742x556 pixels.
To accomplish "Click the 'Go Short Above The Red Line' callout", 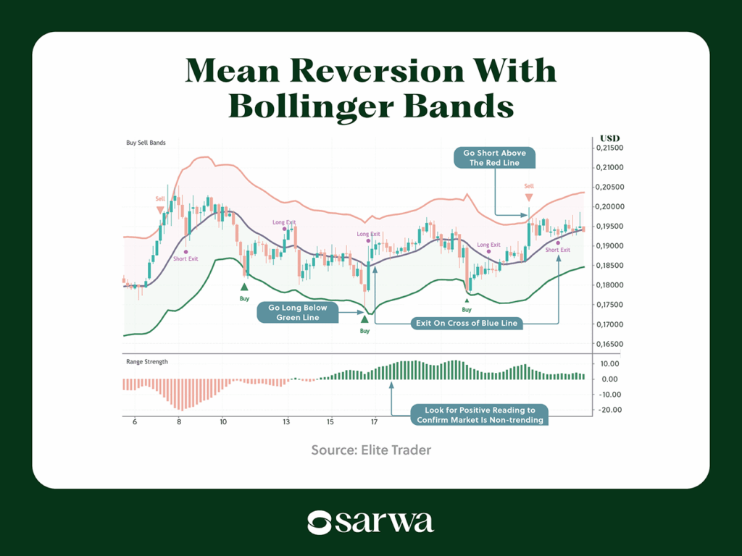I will pos(495,158).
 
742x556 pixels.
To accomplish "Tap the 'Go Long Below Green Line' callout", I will pos(298,313).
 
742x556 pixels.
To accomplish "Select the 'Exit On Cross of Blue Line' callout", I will pos(466,323).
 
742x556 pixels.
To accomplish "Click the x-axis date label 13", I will pos(287,422).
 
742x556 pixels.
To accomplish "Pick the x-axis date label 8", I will pos(179,422).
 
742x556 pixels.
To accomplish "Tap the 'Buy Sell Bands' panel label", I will pos(146,143).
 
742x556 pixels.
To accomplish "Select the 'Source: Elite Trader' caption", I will pos(371,450).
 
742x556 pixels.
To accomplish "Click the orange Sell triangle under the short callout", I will pos(529,197).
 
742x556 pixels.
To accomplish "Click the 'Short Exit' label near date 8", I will pos(185,258).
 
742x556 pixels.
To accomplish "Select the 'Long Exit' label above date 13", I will pos(284,222).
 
